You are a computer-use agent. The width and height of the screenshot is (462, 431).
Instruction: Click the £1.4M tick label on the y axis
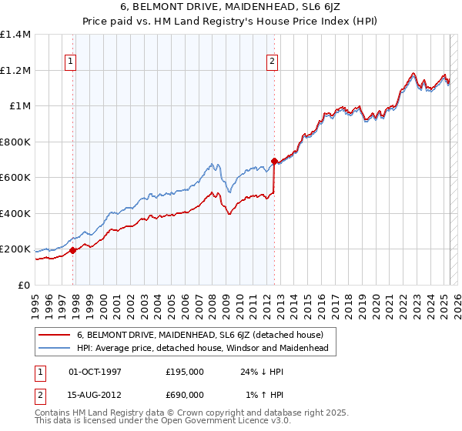tap(15, 35)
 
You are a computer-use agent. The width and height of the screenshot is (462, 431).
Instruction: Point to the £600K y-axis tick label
tap(15, 178)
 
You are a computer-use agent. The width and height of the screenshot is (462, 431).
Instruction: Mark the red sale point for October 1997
tap(73, 250)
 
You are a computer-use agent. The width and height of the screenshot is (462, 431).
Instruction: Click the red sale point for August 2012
tap(274, 162)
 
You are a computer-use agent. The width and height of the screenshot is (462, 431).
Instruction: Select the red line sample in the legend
tap(55, 335)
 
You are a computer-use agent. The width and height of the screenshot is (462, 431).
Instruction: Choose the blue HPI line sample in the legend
tap(55, 348)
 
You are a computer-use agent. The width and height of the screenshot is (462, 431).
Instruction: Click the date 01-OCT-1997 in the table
tap(95, 371)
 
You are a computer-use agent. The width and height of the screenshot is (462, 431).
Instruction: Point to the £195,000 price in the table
tap(184, 371)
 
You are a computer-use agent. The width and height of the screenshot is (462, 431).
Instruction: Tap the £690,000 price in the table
tap(184, 394)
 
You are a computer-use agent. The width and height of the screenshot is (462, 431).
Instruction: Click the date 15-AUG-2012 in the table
tap(95, 394)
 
